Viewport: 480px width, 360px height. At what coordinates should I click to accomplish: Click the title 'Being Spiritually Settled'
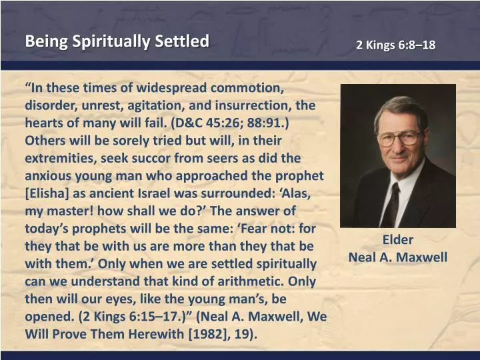[117, 41]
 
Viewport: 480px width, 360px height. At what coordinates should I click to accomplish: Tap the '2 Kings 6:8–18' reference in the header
[395, 45]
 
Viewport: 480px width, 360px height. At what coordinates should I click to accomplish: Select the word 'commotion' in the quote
[248, 89]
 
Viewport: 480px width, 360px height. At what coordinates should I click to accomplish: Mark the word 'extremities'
[62, 159]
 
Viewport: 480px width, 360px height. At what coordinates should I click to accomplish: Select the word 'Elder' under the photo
[397, 240]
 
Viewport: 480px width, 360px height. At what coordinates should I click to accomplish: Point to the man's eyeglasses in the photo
[398, 138]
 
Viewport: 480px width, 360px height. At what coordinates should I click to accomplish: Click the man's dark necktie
[391, 203]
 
